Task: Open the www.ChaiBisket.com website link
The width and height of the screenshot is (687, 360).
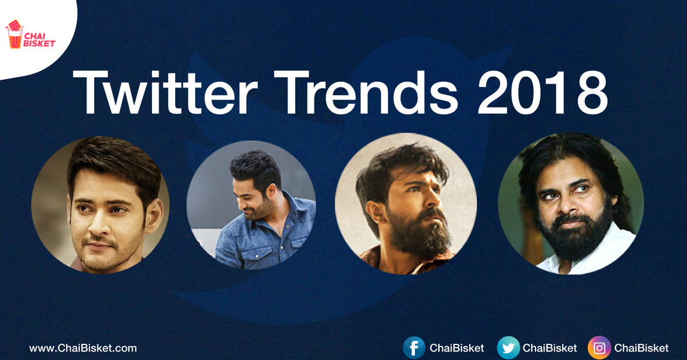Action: point(83,348)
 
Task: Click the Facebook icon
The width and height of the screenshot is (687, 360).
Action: point(414,348)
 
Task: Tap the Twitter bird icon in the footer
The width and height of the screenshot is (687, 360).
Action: point(508,348)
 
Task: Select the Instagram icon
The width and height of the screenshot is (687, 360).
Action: point(599,348)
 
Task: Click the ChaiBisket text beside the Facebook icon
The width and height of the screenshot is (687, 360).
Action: point(456,348)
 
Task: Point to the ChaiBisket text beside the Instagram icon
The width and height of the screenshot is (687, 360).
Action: point(641,348)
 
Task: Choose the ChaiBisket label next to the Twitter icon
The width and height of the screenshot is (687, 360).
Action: point(550,348)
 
